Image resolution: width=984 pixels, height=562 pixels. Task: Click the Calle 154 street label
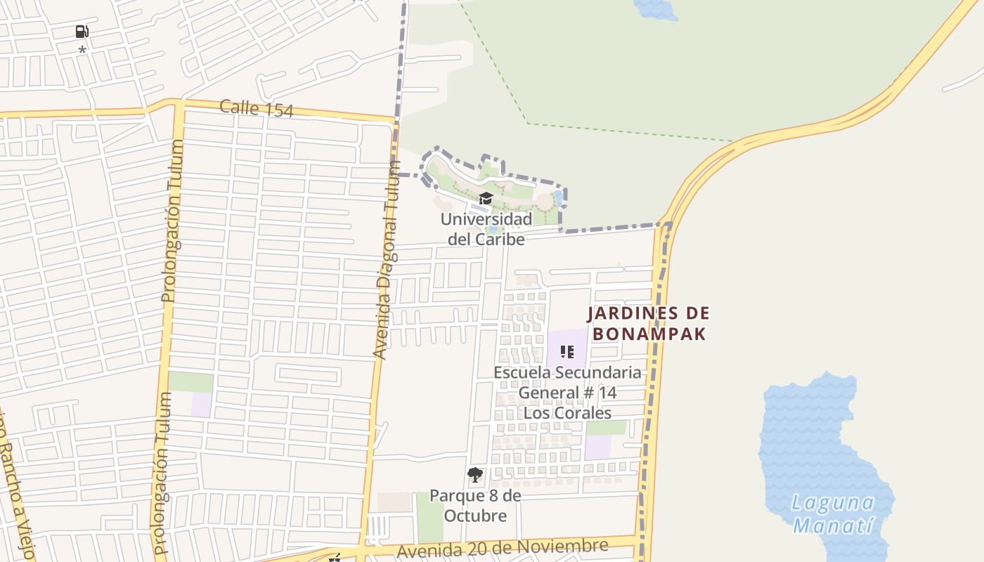coord(256,108)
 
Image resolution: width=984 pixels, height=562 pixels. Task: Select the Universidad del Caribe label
coord(486,229)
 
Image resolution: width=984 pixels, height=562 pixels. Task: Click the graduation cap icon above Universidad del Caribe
coord(486,199)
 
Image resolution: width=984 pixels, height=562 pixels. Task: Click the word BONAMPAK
coord(649,334)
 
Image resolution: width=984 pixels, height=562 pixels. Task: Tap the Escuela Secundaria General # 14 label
coord(567,381)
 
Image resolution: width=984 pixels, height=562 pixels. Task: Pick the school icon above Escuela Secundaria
coord(567,351)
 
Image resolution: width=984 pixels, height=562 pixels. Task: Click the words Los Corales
coord(567,412)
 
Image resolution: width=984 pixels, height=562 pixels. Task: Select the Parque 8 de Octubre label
coord(476,506)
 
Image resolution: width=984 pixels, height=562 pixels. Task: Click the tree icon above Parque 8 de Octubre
coord(475,475)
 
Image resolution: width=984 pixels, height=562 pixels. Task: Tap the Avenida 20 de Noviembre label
coord(502,548)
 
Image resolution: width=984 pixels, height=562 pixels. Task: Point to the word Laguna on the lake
coord(833,503)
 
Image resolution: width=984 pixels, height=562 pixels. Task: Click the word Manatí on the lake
coord(833,525)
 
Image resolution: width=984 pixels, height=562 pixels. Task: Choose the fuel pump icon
coord(82,32)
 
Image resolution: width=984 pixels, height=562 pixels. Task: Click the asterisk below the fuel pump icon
coord(82,51)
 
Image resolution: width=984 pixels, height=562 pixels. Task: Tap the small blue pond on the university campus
coord(559,197)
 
